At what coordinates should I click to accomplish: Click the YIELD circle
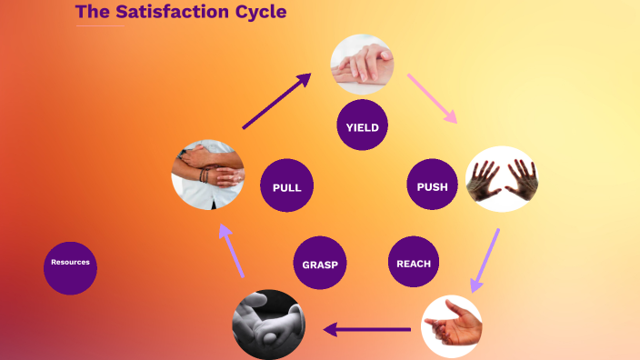coord(362,125)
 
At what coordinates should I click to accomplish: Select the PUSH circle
coord(432,185)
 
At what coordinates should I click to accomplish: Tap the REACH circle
coord(414,263)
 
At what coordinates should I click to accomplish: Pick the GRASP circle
coord(320,264)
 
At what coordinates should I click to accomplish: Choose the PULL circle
coord(286,186)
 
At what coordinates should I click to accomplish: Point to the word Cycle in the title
coord(259,13)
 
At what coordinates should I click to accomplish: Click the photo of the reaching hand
coord(452,326)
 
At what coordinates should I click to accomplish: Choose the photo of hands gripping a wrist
coord(207,173)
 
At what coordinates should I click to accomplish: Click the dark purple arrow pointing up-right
coord(276,101)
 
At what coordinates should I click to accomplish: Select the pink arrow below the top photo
coord(432,98)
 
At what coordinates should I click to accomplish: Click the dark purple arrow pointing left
coord(367,329)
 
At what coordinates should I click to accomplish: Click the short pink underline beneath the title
coord(100,25)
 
